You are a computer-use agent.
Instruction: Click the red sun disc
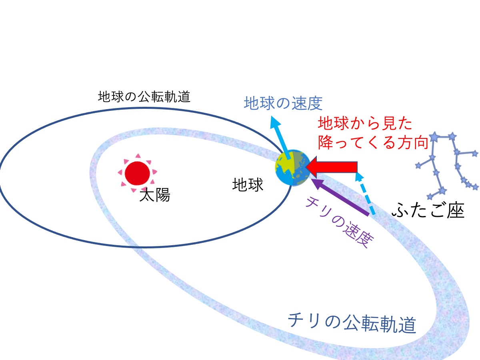137,173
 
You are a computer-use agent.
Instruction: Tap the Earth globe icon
293,168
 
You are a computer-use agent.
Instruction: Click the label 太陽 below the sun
155,195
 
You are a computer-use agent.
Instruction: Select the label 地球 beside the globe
248,185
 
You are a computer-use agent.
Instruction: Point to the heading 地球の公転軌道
144,97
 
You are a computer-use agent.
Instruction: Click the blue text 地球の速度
283,103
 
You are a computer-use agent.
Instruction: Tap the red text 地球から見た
365,123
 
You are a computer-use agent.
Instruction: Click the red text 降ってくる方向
373,142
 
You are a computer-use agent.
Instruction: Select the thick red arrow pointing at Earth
331,167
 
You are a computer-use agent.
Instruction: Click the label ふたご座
428,210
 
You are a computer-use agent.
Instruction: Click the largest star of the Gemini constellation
434,137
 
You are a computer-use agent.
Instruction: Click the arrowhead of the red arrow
311,167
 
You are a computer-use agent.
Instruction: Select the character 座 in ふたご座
456,210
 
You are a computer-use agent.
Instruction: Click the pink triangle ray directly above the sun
138,156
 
